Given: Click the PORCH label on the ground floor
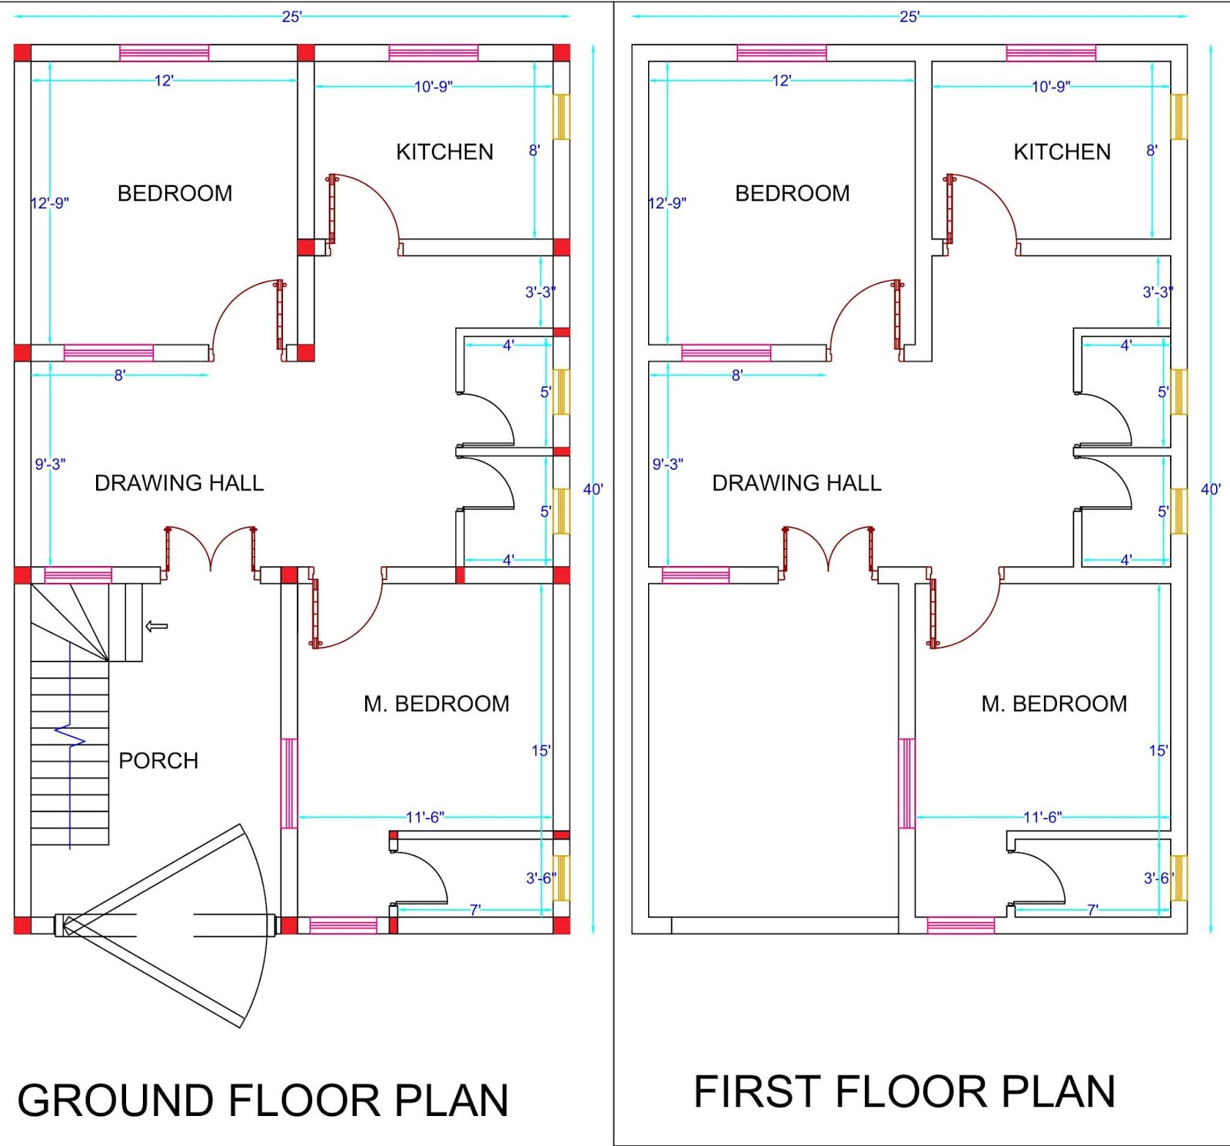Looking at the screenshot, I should pyautogui.click(x=158, y=761).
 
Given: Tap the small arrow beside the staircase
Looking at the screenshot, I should pyautogui.click(x=157, y=626).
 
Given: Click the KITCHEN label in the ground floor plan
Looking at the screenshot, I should pyautogui.click(x=444, y=152).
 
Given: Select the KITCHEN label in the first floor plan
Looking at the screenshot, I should pyautogui.click(x=1062, y=152).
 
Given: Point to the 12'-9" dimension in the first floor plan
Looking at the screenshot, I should pyautogui.click(x=667, y=203).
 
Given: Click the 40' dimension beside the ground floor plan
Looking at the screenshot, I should pyautogui.click(x=593, y=489).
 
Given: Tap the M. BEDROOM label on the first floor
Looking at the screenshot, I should pyautogui.click(x=1054, y=704).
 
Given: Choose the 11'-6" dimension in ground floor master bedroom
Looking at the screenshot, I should pyautogui.click(x=425, y=817).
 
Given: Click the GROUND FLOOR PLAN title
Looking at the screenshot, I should pyautogui.click(x=263, y=1100).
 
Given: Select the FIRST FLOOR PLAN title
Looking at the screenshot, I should pyautogui.click(x=904, y=1092).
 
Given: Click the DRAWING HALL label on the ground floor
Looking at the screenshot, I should pyautogui.click(x=179, y=483).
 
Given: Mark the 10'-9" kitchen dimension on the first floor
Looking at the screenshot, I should pyautogui.click(x=1050, y=86).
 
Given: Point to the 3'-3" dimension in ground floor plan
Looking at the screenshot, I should pyautogui.click(x=540, y=292).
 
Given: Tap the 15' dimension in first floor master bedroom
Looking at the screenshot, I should pyautogui.click(x=1158, y=751).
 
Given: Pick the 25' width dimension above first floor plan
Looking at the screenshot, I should pyautogui.click(x=909, y=16).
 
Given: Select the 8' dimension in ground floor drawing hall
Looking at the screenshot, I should pyautogui.click(x=120, y=375).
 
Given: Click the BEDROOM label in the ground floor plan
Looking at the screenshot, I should pyautogui.click(x=175, y=193).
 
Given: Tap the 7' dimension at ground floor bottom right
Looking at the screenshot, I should pyautogui.click(x=475, y=910).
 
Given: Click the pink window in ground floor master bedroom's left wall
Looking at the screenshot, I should pyautogui.click(x=288, y=783).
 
